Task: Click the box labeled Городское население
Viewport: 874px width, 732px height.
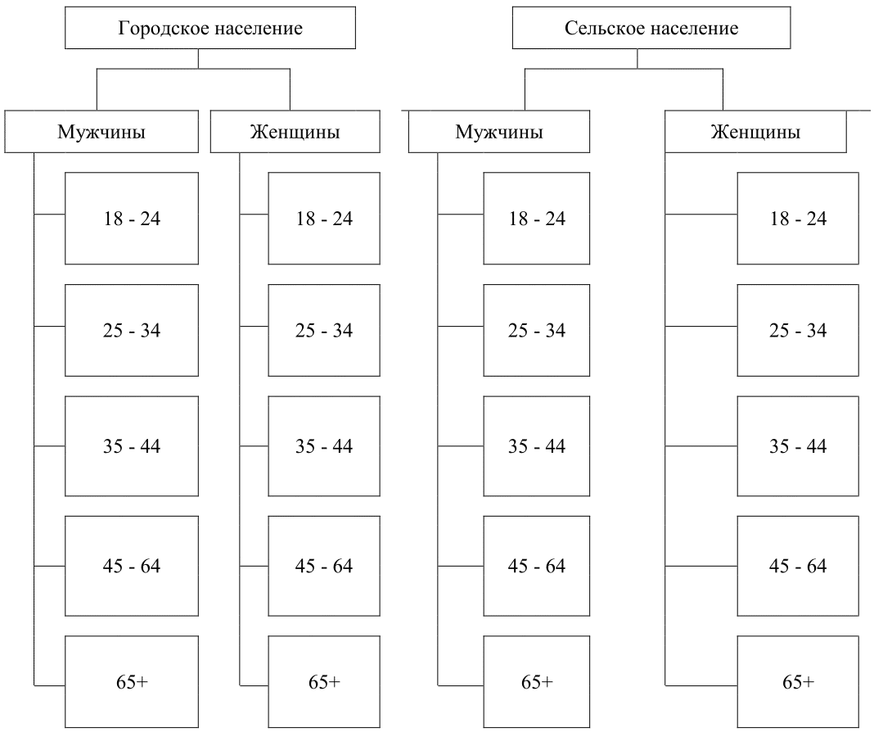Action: pos(210,28)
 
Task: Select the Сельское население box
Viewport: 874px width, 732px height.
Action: pos(651,28)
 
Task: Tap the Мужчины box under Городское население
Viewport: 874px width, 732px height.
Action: pos(101,132)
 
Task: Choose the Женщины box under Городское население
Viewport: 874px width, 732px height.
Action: pos(295,132)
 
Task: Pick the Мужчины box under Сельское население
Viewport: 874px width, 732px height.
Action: pos(499,132)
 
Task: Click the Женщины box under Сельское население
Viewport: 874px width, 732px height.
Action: pos(756,132)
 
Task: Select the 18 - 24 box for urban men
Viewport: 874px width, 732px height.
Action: pos(132,218)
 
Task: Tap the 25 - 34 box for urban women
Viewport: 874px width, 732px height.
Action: pos(324,330)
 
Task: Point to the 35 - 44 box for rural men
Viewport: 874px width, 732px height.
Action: pos(536,446)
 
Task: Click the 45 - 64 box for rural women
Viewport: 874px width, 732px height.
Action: pos(798,566)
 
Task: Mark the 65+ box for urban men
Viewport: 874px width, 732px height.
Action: pos(132,682)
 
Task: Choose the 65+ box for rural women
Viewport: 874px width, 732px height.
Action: pos(798,682)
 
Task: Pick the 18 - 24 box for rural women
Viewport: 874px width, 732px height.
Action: pos(798,218)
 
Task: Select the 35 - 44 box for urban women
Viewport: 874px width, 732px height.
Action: pos(324,446)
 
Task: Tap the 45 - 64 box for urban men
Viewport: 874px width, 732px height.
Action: pos(132,566)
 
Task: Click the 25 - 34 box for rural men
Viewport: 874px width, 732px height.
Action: pos(536,330)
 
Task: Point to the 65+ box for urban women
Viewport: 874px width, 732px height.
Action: pos(324,682)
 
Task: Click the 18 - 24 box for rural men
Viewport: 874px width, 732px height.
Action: pos(536,218)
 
